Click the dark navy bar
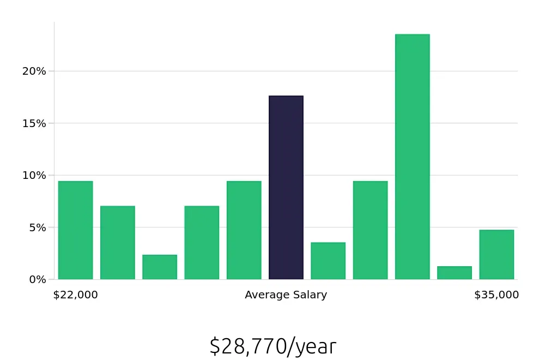(286, 188)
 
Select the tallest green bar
(413, 157)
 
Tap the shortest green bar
(455, 273)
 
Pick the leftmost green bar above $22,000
(75, 230)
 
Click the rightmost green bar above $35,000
(496, 255)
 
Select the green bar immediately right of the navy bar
(328, 261)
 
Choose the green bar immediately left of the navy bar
(244, 230)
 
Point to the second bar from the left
(118, 243)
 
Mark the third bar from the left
(160, 267)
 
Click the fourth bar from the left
(202, 243)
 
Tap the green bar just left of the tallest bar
(371, 230)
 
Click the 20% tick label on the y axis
(34, 71)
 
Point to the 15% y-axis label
(34, 123)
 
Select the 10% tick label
(34, 176)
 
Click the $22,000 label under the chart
(76, 295)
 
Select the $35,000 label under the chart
(496, 295)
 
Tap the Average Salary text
(286, 295)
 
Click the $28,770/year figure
(273, 347)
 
